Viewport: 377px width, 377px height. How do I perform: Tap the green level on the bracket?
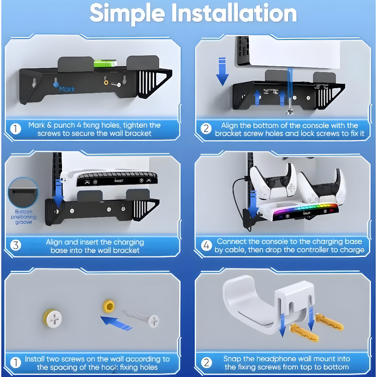105,63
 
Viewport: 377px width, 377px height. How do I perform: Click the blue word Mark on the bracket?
67,89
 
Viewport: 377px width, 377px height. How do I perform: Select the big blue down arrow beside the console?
222,71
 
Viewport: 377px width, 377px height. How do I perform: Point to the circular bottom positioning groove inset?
23,192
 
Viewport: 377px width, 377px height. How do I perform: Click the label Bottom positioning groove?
23,217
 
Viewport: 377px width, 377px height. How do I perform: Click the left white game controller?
273,182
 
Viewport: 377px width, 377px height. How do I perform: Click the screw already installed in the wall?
53,318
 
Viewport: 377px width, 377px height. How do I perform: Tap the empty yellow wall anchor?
109,306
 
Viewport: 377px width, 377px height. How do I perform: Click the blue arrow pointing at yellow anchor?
116,323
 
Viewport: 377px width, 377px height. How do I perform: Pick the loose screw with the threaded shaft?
141,318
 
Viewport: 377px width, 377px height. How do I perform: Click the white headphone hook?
268,304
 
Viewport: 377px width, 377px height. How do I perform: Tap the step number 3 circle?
16,246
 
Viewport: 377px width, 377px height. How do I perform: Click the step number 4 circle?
206,246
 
